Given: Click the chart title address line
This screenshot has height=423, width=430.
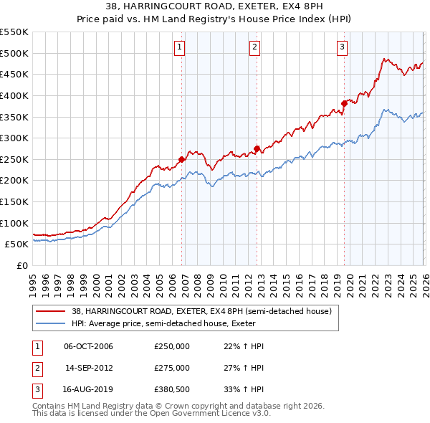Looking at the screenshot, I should click(215, 7).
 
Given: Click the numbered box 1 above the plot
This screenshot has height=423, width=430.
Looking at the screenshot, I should click(179, 48).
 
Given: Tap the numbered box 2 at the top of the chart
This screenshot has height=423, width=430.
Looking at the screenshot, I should click(254, 48).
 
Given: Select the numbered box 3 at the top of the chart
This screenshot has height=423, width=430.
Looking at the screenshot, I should click(343, 48).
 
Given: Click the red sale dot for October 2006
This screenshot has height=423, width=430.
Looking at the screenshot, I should click(181, 159).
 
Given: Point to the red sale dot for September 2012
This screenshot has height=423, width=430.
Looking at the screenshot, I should click(257, 148).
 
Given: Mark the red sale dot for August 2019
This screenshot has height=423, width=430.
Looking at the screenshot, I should click(344, 103).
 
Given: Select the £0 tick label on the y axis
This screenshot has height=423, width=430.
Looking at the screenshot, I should click(21, 265).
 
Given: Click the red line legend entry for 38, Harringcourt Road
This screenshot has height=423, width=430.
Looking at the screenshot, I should click(201, 312).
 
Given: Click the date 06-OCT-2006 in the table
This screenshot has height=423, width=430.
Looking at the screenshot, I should click(88, 346).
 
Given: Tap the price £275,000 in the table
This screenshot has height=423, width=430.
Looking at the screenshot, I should click(172, 368).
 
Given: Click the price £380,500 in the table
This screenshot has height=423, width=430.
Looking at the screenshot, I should click(172, 389).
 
